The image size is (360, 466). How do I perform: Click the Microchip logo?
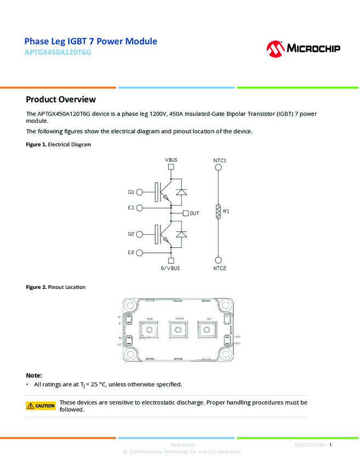(x=303, y=49)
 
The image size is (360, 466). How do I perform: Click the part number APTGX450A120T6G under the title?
(x=58, y=53)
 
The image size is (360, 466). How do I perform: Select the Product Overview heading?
(x=61, y=99)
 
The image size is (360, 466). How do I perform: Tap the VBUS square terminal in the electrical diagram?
(x=172, y=168)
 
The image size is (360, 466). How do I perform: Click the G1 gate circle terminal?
(x=139, y=192)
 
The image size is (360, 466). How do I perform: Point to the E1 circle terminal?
(x=139, y=208)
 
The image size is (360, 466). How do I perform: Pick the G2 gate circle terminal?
(x=139, y=234)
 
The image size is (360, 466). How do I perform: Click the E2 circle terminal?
(x=139, y=252)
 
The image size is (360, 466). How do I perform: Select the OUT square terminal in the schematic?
(x=186, y=213)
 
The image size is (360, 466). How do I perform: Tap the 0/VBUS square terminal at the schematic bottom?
(x=172, y=261)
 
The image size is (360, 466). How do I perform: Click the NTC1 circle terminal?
(x=218, y=168)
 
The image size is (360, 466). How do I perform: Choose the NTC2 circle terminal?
(x=218, y=260)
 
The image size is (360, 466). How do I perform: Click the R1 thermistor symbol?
(x=218, y=211)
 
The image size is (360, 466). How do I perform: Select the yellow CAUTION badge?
(x=41, y=406)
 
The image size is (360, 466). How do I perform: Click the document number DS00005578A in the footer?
(x=310, y=445)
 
